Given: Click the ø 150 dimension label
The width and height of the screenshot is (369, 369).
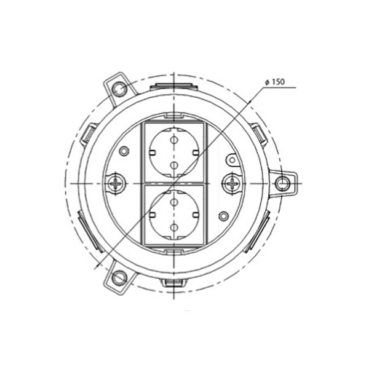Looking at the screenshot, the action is point(275,82).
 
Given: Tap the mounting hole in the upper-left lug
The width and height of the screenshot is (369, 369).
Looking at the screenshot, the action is point(119,89).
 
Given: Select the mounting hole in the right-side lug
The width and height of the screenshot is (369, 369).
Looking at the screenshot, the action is point(282,183).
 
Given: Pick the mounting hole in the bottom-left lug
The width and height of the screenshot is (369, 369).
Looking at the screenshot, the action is point(119,278).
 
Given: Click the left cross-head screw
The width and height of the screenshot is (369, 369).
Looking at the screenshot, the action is point(116,183).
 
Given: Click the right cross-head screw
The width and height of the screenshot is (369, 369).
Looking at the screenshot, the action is point(232,183).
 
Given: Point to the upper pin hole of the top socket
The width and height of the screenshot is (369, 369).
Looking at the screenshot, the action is point(173,140).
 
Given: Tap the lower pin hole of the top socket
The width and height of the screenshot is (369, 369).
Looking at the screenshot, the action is point(174,165).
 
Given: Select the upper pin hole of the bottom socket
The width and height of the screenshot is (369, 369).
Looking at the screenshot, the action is point(174,202).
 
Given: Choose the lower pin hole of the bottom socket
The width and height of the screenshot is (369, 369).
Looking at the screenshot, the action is point(174,227).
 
